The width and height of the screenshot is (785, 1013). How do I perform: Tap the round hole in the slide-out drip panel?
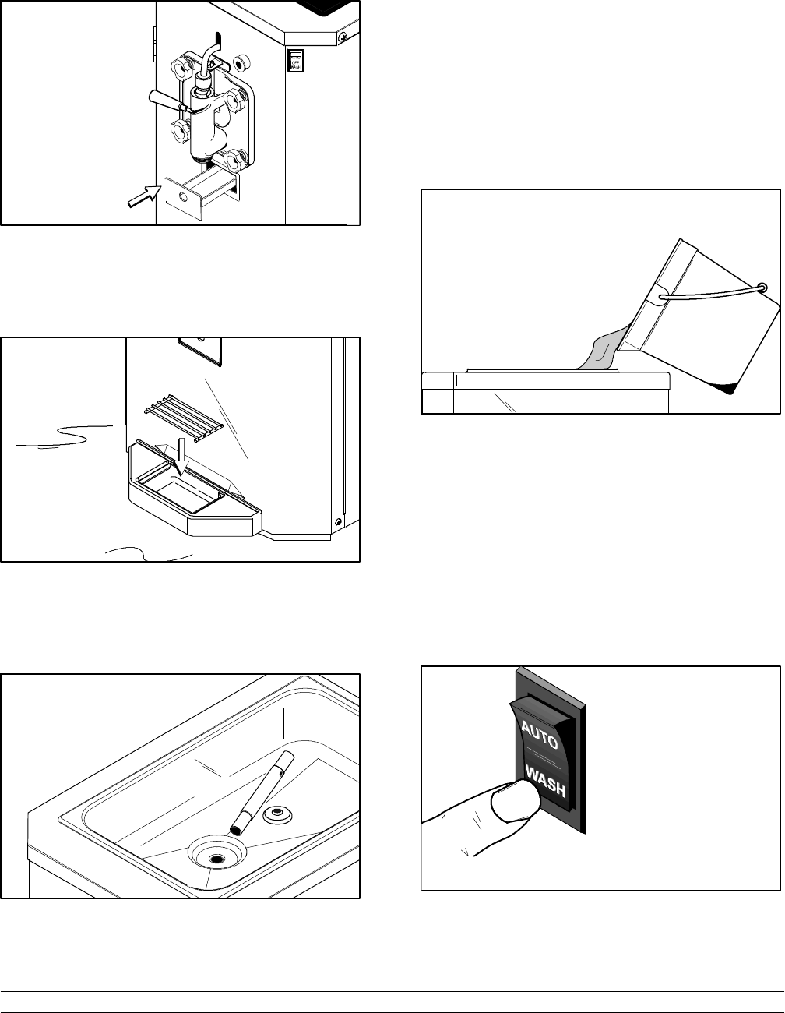pos(183,198)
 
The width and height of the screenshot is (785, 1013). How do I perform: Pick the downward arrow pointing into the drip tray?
pos(181,455)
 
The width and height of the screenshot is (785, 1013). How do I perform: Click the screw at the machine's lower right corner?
pos(337,521)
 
